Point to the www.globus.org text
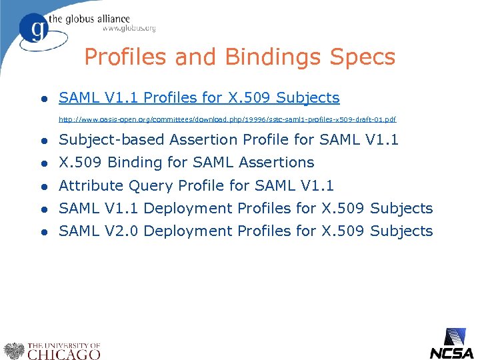[129, 28]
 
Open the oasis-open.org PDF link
[227, 119]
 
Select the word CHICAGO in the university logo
[64, 354]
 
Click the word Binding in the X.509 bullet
[132, 163]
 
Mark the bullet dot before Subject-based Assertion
[43, 141]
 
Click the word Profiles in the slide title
[127, 57]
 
